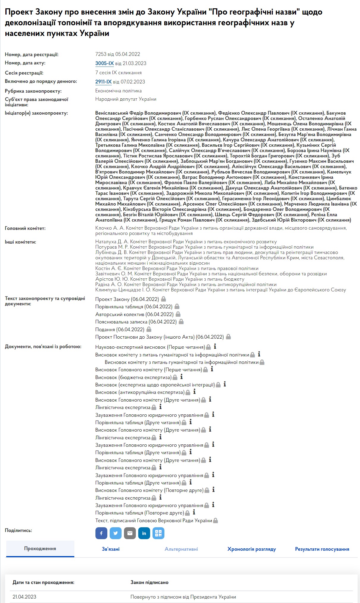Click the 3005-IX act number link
click(104, 63)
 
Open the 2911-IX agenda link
click(103, 82)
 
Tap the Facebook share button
click(101, 533)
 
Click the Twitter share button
click(116, 533)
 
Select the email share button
click(130, 533)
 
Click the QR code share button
click(158, 533)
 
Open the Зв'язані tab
click(111, 549)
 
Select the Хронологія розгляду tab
click(251, 549)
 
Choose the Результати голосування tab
click(322, 549)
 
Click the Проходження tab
click(40, 549)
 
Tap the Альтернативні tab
click(181, 549)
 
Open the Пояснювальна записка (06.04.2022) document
click(136, 322)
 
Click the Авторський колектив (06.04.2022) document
click(134, 314)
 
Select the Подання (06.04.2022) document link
click(120, 329)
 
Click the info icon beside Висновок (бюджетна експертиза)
click(182, 377)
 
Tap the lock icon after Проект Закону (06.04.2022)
click(164, 299)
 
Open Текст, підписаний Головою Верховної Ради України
click(154, 521)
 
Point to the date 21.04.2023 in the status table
click(24, 597)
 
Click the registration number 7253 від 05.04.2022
click(118, 54)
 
